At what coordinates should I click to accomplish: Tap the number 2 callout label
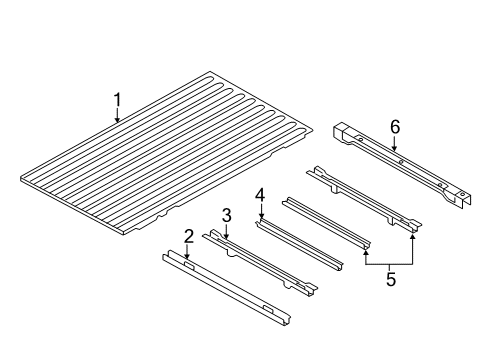pyautogui.click(x=187, y=236)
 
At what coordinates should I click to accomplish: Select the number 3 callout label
pyautogui.click(x=226, y=215)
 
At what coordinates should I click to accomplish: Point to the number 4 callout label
pyautogui.click(x=260, y=194)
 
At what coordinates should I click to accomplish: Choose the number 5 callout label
pyautogui.click(x=391, y=280)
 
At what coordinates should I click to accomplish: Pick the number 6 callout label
pyautogui.click(x=395, y=126)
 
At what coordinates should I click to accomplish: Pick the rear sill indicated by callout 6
pyautogui.click(x=400, y=165)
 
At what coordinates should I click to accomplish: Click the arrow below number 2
pyautogui.click(x=187, y=254)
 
